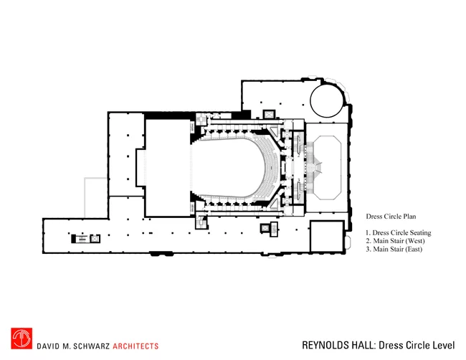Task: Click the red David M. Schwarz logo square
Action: (22, 338)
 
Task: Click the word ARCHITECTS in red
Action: (135, 346)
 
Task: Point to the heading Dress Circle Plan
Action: (391, 217)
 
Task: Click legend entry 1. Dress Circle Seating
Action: (398, 233)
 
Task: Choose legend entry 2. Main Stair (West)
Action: (395, 241)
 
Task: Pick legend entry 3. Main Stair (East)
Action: (394, 249)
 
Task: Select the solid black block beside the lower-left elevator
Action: (73, 239)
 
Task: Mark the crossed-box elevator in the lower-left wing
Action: (95, 239)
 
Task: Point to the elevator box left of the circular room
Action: (269, 115)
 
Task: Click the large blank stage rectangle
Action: (168, 168)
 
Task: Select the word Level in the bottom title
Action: (444, 345)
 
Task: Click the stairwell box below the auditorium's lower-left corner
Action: (201, 222)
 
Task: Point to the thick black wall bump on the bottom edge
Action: (161, 254)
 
